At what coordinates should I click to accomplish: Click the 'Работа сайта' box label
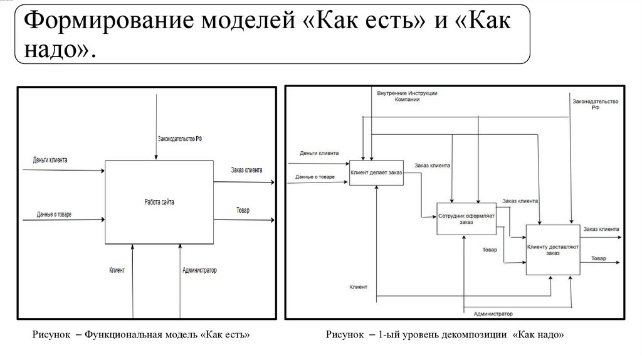[x=159, y=202]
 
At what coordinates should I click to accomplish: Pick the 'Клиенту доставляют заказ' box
[x=552, y=249]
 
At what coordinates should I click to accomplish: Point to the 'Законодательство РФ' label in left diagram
[x=180, y=139]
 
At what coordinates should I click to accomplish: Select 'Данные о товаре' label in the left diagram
[x=54, y=214]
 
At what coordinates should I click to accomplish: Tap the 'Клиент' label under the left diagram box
[x=117, y=270]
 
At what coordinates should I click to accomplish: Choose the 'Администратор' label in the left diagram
[x=199, y=270]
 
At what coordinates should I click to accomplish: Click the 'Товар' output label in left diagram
[x=243, y=210]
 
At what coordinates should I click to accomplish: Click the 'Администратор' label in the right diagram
[x=493, y=313]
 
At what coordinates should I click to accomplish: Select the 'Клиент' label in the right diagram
[x=359, y=287]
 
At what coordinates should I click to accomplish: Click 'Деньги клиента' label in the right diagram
[x=319, y=153]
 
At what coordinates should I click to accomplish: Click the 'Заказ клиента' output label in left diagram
[x=246, y=169]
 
